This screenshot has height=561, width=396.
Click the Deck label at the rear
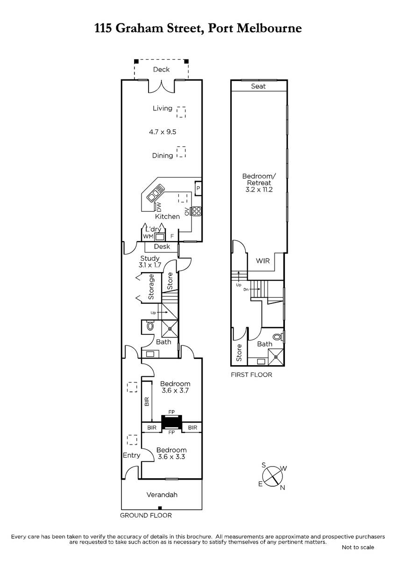click(162, 69)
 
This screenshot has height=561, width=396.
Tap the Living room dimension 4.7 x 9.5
click(163, 132)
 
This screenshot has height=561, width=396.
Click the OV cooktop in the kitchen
click(196, 211)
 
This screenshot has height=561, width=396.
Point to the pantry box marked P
click(198, 188)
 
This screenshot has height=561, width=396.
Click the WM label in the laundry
click(148, 236)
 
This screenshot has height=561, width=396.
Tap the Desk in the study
click(162, 247)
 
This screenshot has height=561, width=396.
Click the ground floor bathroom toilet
click(150, 326)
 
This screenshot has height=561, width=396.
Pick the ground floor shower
click(170, 328)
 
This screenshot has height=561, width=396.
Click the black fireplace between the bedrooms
click(171, 422)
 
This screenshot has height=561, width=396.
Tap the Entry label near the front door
click(131, 455)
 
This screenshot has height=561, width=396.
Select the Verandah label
click(162, 495)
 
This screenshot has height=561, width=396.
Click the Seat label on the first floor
click(258, 86)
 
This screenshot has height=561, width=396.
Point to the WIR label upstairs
click(263, 261)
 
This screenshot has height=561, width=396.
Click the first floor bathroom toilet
click(277, 337)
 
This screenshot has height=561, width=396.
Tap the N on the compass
click(283, 488)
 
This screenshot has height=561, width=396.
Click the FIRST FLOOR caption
click(251, 374)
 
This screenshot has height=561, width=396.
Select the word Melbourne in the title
click(269, 29)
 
